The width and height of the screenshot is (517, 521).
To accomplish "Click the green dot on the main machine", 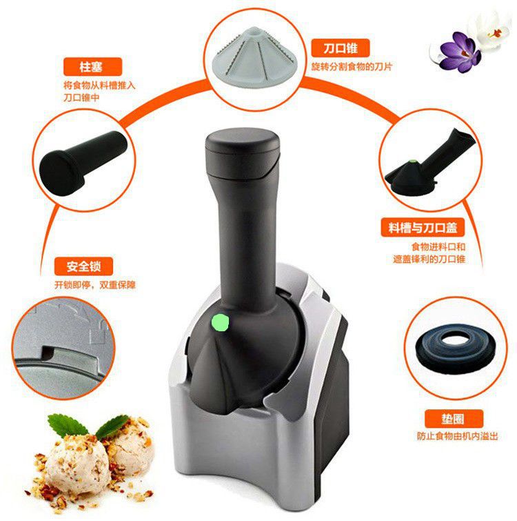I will tap(221, 321).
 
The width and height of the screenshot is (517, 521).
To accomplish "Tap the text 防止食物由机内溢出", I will tap(457, 436).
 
